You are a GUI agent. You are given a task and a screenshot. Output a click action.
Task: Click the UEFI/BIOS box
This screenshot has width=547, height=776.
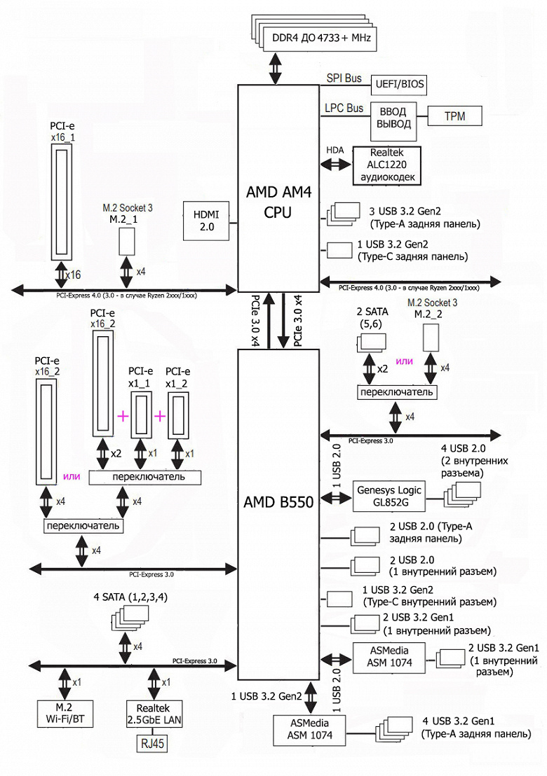coord(397,84)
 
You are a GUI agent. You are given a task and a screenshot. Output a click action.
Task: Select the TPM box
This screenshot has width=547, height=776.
coord(454,116)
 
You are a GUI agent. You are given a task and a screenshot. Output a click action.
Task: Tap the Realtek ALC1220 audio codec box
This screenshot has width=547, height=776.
coord(387,165)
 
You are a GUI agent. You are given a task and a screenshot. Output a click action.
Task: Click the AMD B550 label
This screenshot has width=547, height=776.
coord(278,502)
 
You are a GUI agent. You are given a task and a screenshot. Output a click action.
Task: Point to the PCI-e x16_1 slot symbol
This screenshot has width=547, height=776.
coord(62,202)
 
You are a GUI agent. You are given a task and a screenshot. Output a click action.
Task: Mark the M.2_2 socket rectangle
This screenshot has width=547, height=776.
coord(432,338)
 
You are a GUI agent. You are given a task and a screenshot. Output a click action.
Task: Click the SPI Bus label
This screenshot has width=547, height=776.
coord(344,78)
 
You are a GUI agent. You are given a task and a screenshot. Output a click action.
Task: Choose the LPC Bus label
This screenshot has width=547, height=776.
coord(344,109)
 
